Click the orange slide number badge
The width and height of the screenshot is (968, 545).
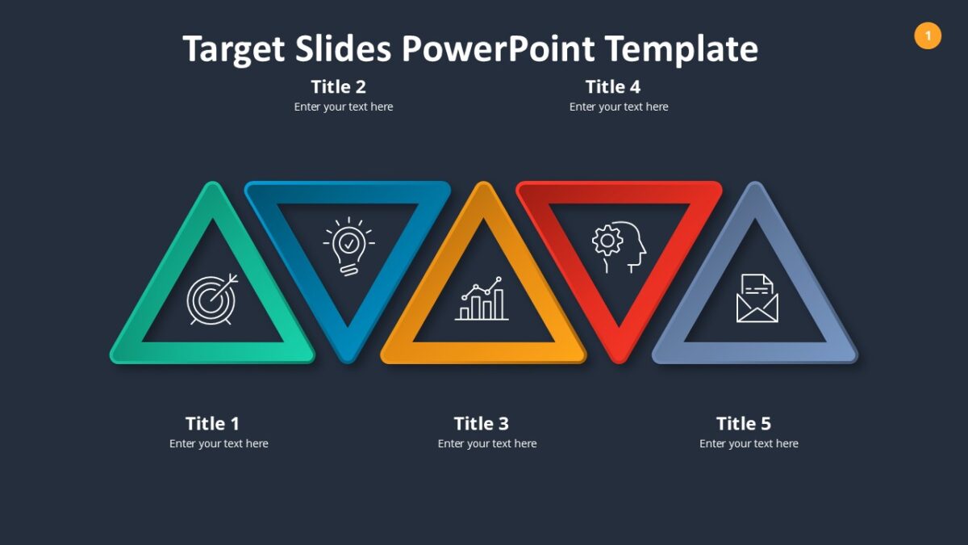point(928,36)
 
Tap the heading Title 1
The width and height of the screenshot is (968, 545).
point(212,423)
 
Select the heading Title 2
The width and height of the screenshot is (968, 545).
point(339,86)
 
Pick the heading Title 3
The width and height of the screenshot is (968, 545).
point(482,423)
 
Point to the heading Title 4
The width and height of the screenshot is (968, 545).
point(613,86)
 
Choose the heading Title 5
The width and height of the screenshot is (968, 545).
point(744,423)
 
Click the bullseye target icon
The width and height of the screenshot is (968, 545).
point(212,299)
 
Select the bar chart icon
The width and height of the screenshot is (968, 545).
point(482,300)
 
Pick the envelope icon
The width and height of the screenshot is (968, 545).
point(757,298)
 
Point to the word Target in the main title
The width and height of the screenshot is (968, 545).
point(233,48)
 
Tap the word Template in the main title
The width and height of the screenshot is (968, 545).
point(682,48)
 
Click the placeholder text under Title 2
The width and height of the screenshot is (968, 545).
point(344,107)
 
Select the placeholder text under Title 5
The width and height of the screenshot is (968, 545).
point(749,443)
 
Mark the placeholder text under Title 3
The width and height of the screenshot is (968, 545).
point(487,443)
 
